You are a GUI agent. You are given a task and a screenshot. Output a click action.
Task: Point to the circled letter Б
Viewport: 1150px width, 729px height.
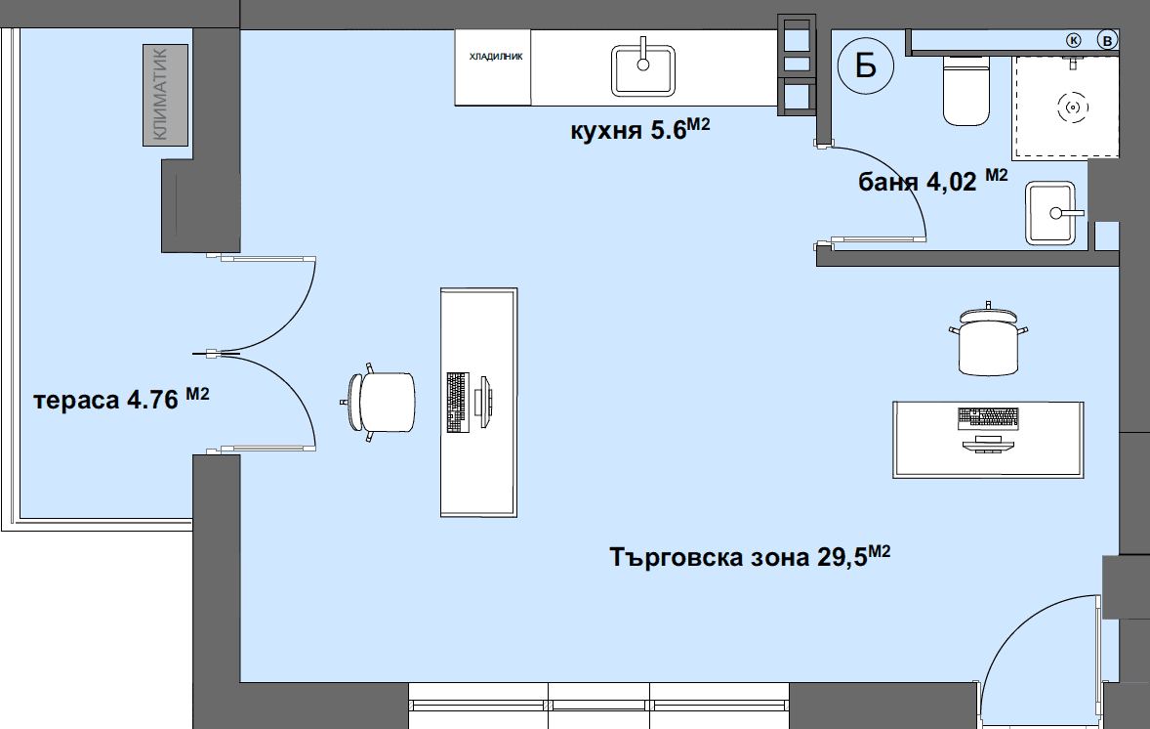click(866, 65)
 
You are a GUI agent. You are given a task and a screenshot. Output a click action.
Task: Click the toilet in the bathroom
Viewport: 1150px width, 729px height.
click(965, 90)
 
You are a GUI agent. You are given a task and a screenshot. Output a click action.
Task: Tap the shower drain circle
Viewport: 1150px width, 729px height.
click(1073, 107)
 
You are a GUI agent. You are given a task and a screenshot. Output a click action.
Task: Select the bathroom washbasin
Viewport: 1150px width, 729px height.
click(1052, 212)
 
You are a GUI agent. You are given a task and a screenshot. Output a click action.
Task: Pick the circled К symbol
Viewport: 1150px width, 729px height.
click(1074, 40)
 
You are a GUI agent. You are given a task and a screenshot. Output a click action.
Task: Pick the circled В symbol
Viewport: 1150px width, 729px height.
click(1106, 40)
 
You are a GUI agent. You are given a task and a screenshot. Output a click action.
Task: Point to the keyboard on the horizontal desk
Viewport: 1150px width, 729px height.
click(988, 418)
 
